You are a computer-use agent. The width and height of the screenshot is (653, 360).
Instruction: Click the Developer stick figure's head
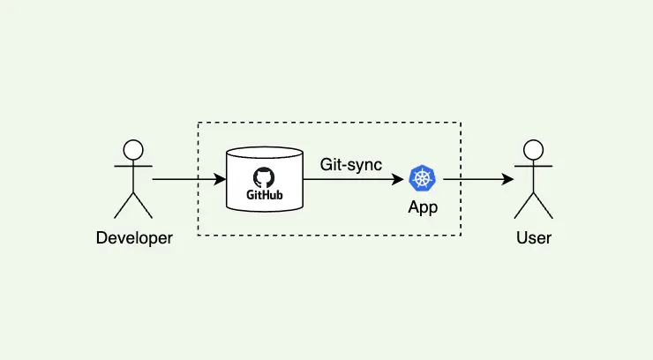pyautogui.click(x=133, y=149)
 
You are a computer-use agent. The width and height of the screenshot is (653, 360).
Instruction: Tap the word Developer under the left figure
pyautogui.click(x=134, y=237)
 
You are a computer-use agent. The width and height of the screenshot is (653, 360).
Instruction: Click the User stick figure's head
pyautogui.click(x=532, y=149)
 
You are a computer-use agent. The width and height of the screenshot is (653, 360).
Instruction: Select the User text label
pyautogui.click(x=533, y=237)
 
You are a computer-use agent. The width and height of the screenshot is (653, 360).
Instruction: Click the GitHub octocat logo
pyautogui.click(x=264, y=176)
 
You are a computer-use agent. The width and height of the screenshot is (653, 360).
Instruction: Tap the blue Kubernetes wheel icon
pyautogui.click(x=423, y=179)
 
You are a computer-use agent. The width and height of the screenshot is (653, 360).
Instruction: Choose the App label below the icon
pyautogui.click(x=423, y=208)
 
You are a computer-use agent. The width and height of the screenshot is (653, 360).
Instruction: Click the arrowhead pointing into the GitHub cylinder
pyautogui.click(x=220, y=180)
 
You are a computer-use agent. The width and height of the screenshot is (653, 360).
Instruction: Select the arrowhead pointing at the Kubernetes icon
pyautogui.click(x=400, y=180)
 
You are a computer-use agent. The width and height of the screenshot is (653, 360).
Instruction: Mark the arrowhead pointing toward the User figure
pyautogui.click(x=508, y=180)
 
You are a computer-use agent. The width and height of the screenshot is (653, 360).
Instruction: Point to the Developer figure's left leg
pyautogui.click(x=124, y=205)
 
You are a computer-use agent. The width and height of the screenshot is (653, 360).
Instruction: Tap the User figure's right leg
pyautogui.click(x=543, y=205)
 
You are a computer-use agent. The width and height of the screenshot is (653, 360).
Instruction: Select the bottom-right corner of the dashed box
pyautogui.click(x=461, y=236)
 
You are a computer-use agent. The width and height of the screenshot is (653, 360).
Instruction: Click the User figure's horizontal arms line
pyautogui.click(x=532, y=166)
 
